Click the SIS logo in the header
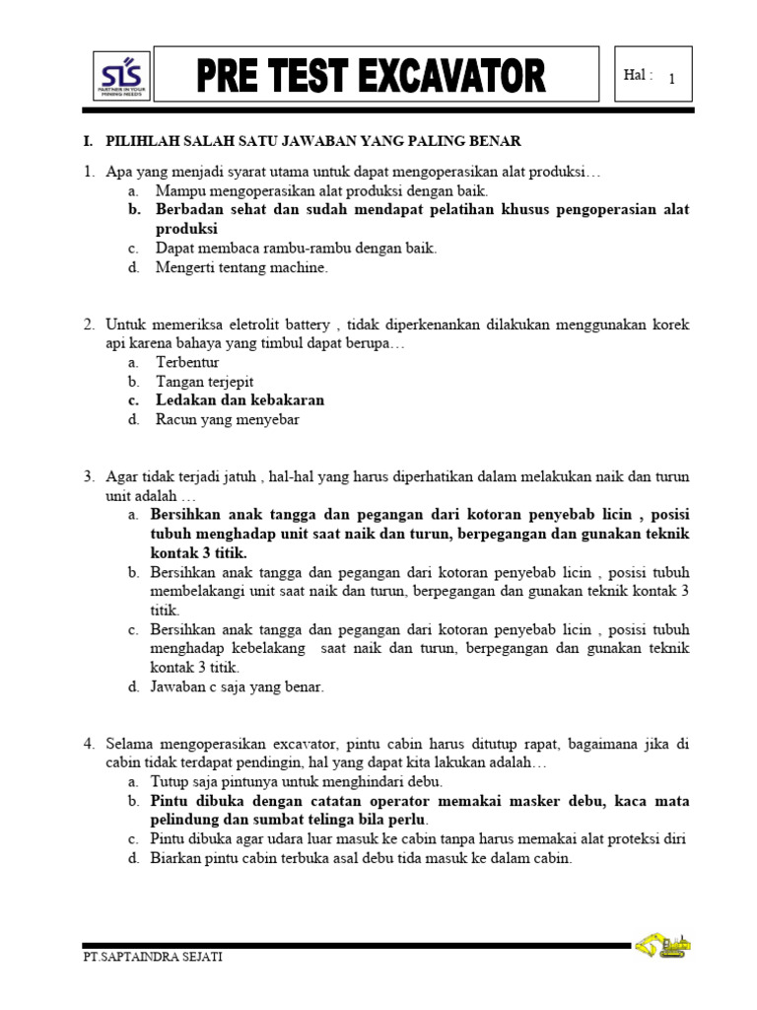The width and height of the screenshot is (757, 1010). (121, 75)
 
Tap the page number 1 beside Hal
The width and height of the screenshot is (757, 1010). (671, 80)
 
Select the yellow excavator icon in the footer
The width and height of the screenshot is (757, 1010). (662, 946)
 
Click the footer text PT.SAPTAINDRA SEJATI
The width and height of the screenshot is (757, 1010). (153, 958)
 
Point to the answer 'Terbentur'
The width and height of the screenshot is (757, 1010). (187, 362)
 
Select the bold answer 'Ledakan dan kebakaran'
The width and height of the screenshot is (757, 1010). (240, 399)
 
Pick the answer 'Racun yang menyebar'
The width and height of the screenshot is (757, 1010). (227, 419)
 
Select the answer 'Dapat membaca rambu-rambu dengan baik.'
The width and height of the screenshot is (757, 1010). (296, 249)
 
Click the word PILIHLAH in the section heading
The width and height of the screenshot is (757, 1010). (147, 142)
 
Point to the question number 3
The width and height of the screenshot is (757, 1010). (89, 476)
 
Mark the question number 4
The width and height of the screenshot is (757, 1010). (89, 743)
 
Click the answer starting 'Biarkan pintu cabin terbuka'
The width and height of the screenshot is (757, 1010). (361, 858)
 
